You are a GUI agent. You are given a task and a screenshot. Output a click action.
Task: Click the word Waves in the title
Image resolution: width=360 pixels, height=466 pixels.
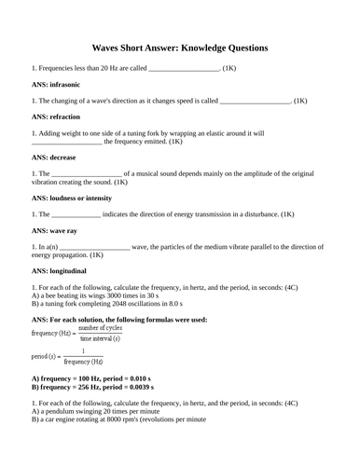pos(110,47)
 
